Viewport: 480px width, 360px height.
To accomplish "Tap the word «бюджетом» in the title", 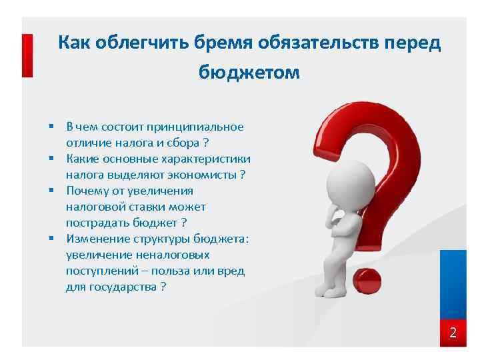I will click(249, 73).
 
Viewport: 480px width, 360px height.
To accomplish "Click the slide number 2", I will click(453, 333).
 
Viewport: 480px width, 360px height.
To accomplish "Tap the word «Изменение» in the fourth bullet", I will click(95, 239).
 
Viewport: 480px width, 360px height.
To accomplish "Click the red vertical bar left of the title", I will click(27, 56).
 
